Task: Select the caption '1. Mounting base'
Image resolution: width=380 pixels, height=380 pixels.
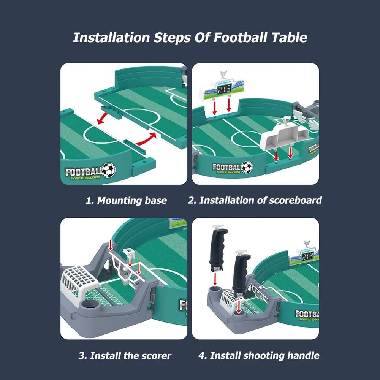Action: coord(126,201)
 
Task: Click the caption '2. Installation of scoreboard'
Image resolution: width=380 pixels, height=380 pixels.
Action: coord(255,200)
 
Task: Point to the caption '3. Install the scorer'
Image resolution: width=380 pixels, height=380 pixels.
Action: coord(125,356)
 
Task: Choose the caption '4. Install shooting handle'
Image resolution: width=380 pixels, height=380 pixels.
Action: coord(258,356)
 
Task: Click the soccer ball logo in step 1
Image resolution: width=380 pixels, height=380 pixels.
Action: coord(109,171)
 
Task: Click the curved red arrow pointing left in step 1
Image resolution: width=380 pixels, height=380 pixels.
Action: coord(105,118)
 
